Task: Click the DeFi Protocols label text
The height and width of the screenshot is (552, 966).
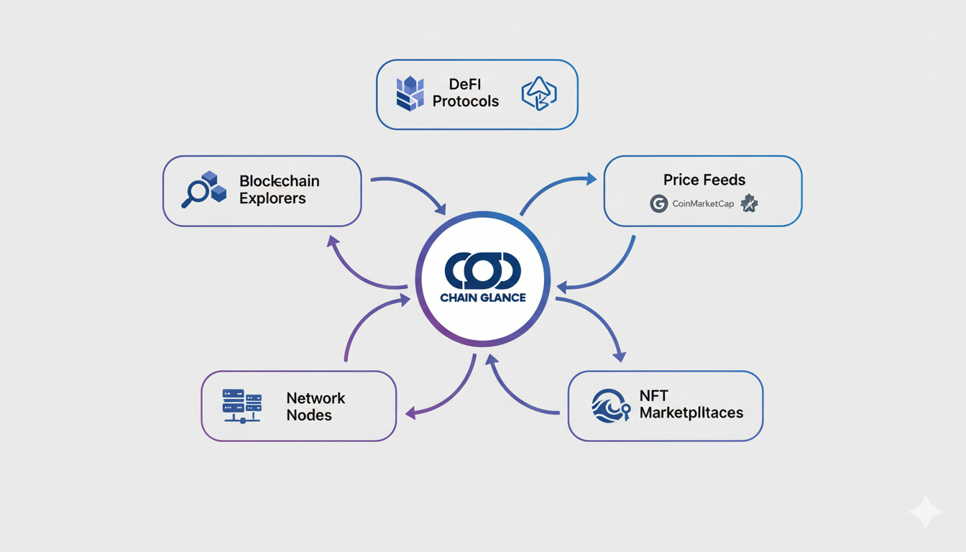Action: pyautogui.click(x=465, y=93)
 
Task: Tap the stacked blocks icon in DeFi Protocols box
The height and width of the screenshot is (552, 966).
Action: pyautogui.click(x=410, y=93)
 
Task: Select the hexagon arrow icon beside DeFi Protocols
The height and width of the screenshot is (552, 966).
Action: pyautogui.click(x=538, y=93)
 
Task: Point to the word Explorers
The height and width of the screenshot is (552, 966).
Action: pyautogui.click(x=272, y=198)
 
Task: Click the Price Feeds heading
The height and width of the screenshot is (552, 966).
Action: pyautogui.click(x=704, y=180)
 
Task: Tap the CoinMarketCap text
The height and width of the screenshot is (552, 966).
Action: pyautogui.click(x=703, y=204)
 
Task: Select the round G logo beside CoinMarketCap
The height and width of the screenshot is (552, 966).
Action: pyautogui.click(x=658, y=203)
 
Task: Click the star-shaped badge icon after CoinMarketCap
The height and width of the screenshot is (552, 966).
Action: pyautogui.click(x=749, y=203)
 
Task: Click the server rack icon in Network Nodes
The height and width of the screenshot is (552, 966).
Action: pyautogui.click(x=241, y=405)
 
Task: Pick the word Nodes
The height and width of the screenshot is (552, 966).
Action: pyautogui.click(x=309, y=415)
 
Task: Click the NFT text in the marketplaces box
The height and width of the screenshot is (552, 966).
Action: pyautogui.click(x=654, y=396)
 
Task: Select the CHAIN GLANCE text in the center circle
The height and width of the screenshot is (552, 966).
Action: pyautogui.click(x=483, y=297)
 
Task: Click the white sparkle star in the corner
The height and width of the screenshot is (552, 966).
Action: pyautogui.click(x=925, y=512)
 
